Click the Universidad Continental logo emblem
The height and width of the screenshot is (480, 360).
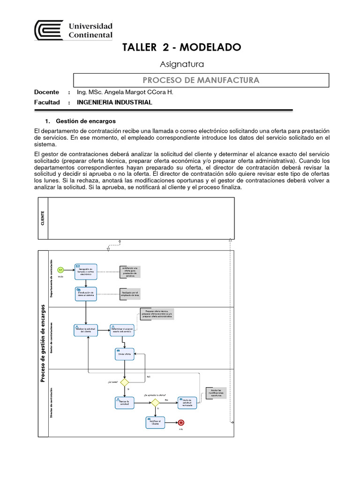[49, 30]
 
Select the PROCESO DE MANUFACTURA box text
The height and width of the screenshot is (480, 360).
[201, 80]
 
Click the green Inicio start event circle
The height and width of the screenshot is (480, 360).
[60, 270]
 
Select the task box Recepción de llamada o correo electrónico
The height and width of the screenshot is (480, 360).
[86, 271]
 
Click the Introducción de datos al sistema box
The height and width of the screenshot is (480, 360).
[86, 293]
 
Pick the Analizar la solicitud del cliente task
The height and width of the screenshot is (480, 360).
[86, 330]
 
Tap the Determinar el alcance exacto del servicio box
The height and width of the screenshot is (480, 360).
[122, 330]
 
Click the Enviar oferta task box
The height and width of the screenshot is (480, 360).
[124, 354]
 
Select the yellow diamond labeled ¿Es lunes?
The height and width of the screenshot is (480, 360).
[124, 382]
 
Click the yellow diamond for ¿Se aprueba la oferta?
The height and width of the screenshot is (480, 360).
[155, 402]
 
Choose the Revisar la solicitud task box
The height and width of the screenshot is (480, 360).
[124, 403]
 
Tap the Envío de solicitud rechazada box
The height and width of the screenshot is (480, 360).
[187, 403]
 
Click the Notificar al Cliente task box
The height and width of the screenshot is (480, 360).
[155, 422]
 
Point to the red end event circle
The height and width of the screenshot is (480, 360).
[181, 422]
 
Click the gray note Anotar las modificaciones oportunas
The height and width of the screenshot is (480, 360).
[216, 393]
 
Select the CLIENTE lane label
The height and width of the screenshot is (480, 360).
[43, 218]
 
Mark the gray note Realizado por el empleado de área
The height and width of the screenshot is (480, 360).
[130, 294]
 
